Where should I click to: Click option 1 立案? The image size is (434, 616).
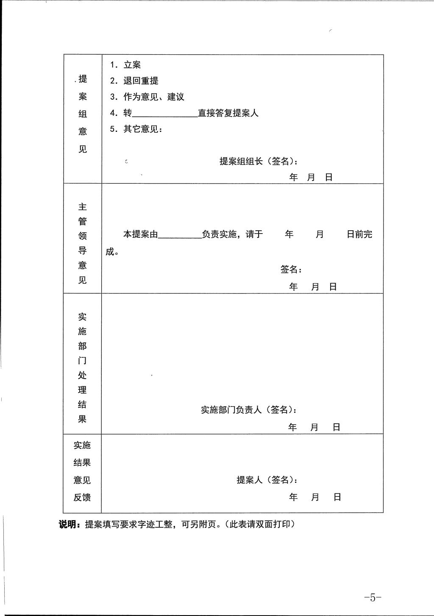click(x=125, y=65)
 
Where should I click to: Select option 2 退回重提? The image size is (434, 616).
click(x=134, y=81)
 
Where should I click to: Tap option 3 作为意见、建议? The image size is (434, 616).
click(x=147, y=97)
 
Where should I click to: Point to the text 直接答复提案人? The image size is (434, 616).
click(x=228, y=113)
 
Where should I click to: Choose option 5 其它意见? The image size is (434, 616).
click(x=136, y=129)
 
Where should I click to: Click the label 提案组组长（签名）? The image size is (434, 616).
click(x=258, y=162)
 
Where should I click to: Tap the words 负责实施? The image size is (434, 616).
click(x=219, y=234)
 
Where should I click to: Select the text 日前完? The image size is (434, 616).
click(x=359, y=234)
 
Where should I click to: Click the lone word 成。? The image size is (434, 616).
click(x=112, y=252)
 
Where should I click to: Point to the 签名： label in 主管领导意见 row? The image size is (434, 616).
click(x=291, y=270)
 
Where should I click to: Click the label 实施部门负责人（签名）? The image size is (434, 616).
click(x=248, y=410)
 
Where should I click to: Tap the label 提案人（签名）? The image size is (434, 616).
click(x=267, y=480)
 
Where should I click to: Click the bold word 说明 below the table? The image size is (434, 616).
click(x=67, y=524)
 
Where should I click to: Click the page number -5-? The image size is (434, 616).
click(x=373, y=597)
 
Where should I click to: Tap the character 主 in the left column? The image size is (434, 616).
click(x=82, y=207)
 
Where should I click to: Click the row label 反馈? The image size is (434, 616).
click(x=82, y=497)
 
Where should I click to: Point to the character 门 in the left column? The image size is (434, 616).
click(x=82, y=361)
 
